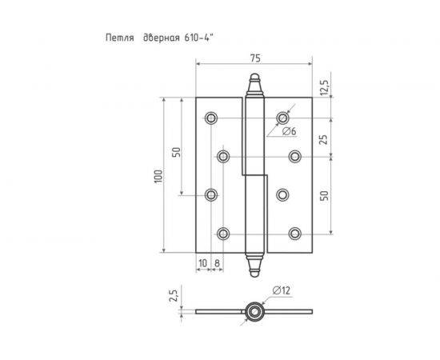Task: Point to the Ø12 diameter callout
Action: point(270,290)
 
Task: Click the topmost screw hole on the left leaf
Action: point(211,118)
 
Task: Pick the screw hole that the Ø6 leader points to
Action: point(283,118)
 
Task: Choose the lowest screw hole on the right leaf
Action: point(295,233)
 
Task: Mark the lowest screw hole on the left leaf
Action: point(223,233)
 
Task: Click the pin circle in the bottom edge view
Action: point(254,311)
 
